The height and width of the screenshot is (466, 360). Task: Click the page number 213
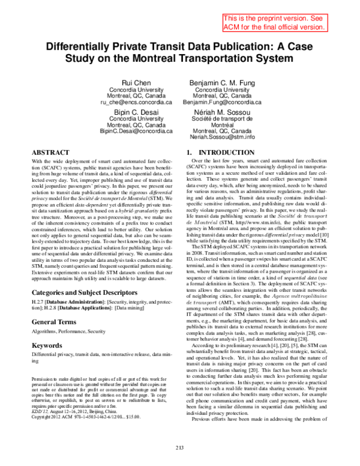pos(180,447)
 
